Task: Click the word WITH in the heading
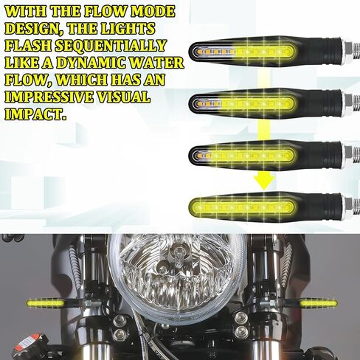[x=30, y=13]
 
